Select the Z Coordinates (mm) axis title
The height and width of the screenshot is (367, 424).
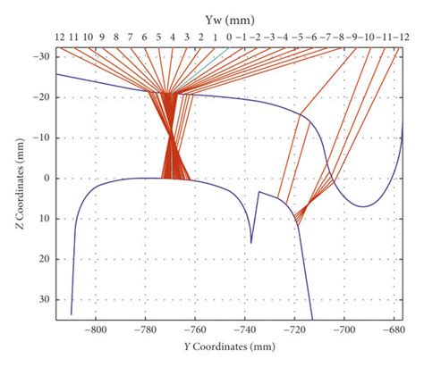click(x=18, y=179)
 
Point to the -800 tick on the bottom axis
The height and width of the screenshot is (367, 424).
click(x=96, y=329)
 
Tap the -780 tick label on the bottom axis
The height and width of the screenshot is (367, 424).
click(x=146, y=329)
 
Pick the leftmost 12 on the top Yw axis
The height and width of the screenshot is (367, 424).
click(x=59, y=38)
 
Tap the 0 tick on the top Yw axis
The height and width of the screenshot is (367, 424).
click(x=230, y=38)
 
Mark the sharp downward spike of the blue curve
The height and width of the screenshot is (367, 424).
click(x=251, y=241)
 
